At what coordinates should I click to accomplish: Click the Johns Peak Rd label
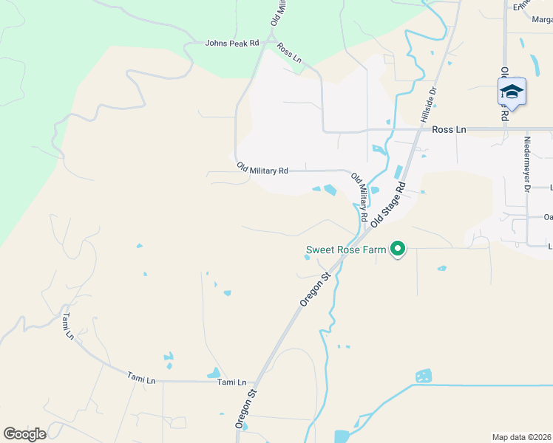point(232,44)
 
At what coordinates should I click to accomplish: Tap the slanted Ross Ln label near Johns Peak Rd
point(289,53)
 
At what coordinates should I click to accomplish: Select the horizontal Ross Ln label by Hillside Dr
point(449,129)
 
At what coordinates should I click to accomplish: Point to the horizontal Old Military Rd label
point(262,171)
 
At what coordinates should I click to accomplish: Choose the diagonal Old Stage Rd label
point(390,205)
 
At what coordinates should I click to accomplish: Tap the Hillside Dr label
point(429,105)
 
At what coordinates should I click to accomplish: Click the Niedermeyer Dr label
point(527,164)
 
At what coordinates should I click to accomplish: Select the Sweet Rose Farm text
point(346,250)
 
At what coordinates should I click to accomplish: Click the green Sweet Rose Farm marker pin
point(398,250)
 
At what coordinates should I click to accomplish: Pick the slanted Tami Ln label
point(69,326)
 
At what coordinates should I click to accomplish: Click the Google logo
point(24,434)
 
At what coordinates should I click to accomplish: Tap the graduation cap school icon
point(512,92)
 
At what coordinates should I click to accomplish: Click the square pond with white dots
point(424,376)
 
